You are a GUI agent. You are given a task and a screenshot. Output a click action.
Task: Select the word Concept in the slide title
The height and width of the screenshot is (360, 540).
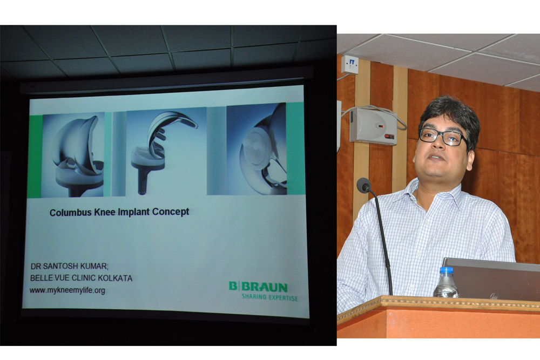coord(171,212)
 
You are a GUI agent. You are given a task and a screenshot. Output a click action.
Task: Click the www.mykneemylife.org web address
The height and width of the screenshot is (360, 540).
coord(67,290)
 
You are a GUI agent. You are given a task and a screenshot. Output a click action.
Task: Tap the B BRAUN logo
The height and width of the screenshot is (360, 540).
coord(258,287)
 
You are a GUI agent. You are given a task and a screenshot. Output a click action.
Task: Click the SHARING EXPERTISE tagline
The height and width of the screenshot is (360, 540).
coord(269,297)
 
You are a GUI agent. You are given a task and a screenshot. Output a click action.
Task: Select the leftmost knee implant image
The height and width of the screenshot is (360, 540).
coord(73,155)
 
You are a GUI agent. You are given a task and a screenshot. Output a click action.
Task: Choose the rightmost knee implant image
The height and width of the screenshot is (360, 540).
coord(256,150)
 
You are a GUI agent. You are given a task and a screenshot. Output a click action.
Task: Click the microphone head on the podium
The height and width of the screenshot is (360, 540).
coord(363,185)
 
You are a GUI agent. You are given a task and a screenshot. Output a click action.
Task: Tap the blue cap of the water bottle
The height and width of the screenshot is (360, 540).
coord(447,270)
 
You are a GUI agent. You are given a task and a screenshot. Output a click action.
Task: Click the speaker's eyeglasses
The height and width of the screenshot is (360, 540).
coord(443,137)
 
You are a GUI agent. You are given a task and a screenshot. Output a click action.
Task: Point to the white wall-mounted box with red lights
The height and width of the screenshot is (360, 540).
coord(374,126)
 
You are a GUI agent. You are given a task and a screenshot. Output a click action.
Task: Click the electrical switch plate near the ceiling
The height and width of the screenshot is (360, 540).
coord(349,64)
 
